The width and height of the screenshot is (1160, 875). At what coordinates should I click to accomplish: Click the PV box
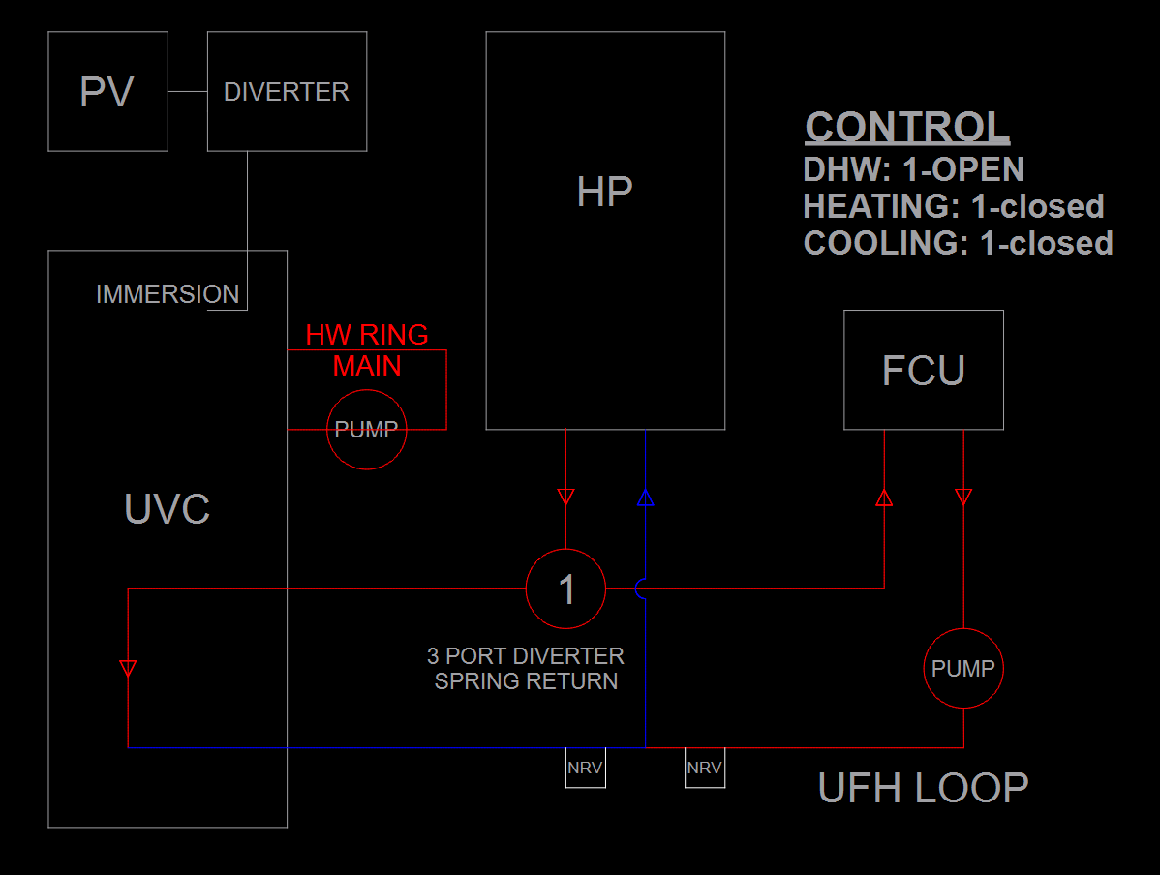click(107, 92)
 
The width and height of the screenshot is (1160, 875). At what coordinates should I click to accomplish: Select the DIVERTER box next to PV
click(287, 92)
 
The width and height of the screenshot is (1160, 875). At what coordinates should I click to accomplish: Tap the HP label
click(604, 193)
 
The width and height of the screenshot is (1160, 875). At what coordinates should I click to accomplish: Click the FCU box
click(923, 371)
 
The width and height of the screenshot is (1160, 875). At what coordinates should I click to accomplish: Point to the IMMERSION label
click(168, 294)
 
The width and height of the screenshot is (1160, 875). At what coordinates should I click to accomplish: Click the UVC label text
click(168, 509)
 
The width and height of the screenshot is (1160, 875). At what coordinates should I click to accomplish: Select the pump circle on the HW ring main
click(367, 430)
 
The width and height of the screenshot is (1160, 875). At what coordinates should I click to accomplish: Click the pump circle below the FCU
click(962, 669)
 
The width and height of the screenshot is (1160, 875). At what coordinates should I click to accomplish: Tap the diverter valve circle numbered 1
click(565, 588)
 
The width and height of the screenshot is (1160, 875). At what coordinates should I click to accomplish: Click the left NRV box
click(585, 768)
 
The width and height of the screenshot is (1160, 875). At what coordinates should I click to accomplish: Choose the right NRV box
click(704, 768)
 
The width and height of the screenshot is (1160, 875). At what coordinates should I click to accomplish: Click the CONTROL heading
click(907, 128)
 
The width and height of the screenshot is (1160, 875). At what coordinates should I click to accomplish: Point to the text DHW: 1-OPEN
click(913, 170)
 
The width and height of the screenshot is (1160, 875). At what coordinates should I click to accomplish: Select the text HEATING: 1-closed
click(953, 206)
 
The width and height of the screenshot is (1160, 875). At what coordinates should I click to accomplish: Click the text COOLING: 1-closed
click(958, 242)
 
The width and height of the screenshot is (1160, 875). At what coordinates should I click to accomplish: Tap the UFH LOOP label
click(923, 788)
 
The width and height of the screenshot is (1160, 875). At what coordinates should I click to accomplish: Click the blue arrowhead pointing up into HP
click(646, 498)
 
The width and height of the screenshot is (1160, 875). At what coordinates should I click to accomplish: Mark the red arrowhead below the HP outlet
click(566, 498)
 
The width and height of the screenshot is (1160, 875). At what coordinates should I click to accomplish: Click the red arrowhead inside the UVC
click(128, 668)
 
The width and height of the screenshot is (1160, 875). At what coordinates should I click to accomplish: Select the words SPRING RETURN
click(526, 681)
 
